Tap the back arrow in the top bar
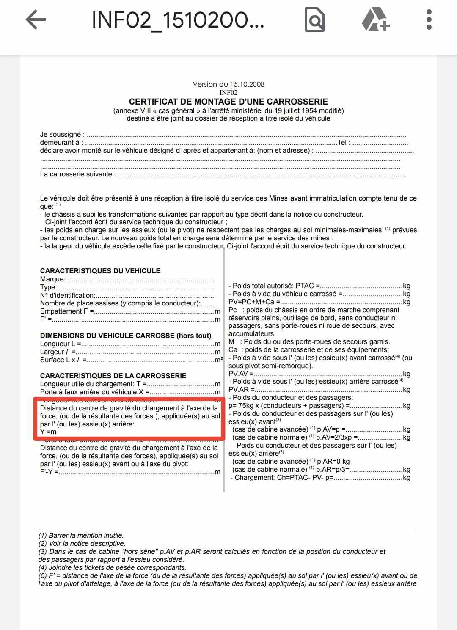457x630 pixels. point(36,20)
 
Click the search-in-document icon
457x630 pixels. point(315,20)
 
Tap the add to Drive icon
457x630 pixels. point(375,20)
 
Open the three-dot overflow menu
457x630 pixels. point(429,20)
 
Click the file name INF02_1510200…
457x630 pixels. point(178,20)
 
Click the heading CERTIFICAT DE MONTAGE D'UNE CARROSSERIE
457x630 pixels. point(228,102)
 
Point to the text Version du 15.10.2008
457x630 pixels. point(228,84)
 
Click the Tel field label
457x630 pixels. point(343,143)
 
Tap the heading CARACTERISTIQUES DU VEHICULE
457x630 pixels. point(100,271)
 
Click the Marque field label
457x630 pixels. point(53,279)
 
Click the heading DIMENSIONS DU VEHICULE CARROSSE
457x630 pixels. point(126,336)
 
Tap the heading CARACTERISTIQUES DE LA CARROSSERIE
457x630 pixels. point(113,376)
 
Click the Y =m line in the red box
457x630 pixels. point(48,432)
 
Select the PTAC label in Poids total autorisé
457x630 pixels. point(305,286)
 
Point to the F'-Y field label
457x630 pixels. point(49,472)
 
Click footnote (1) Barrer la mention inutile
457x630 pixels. point(81,536)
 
